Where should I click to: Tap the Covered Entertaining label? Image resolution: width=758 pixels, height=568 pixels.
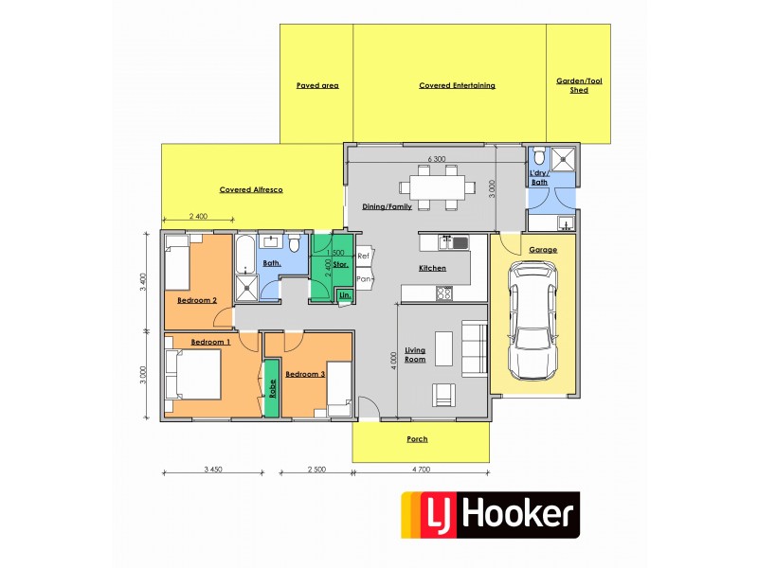[x=457, y=85]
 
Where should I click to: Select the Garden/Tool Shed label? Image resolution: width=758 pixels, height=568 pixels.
[x=578, y=85]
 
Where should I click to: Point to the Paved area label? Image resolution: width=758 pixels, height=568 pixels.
[x=317, y=85]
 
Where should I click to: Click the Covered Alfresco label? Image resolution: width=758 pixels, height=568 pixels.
[x=251, y=189]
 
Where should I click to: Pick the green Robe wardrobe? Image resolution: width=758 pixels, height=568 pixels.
[x=271, y=387]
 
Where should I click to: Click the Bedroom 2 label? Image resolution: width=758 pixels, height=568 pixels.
[x=197, y=300]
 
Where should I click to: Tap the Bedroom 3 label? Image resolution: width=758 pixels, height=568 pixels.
[x=305, y=373]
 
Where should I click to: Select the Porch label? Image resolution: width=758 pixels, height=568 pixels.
[x=417, y=438]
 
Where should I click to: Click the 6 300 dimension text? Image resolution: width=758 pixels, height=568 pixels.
[x=437, y=159]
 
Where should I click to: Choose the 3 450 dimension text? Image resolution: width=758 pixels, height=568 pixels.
[x=218, y=470]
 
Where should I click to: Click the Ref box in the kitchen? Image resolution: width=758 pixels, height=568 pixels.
[x=363, y=256]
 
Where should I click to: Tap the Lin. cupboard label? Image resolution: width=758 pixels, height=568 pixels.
[x=343, y=297]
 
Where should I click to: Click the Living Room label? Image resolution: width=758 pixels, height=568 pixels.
[x=415, y=355]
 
